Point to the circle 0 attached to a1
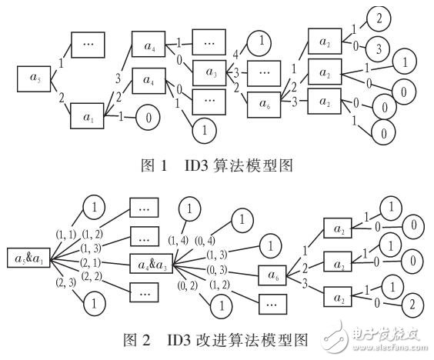point(149,119)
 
